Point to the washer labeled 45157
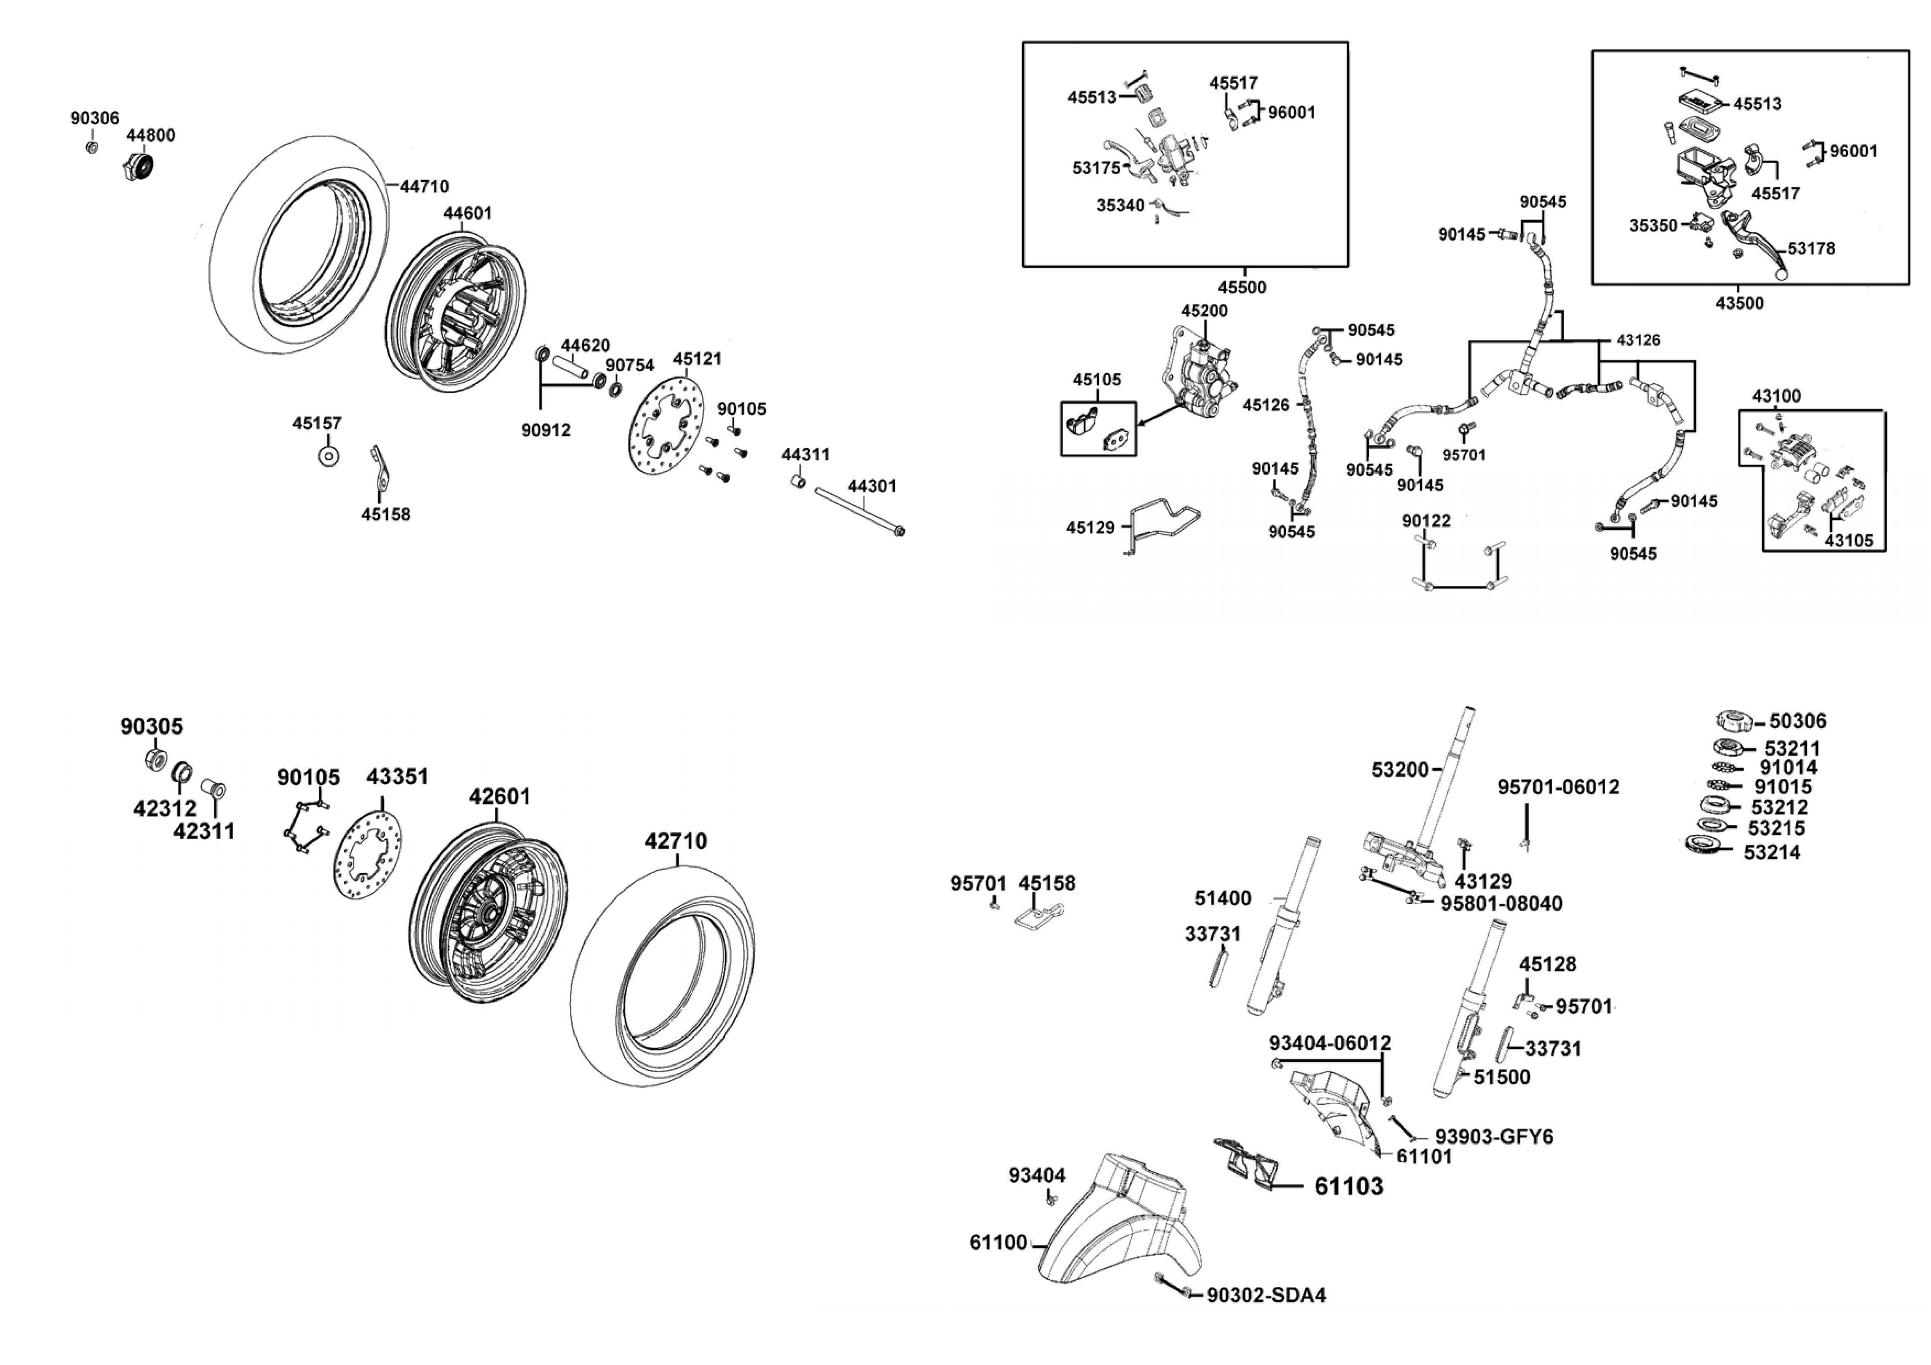pyautogui.click(x=329, y=456)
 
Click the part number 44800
pyautogui.click(x=150, y=136)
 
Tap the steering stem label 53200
pyautogui.click(x=1400, y=769)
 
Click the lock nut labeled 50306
pyautogui.click(x=1734, y=721)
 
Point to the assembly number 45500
pyautogui.click(x=1241, y=287)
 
